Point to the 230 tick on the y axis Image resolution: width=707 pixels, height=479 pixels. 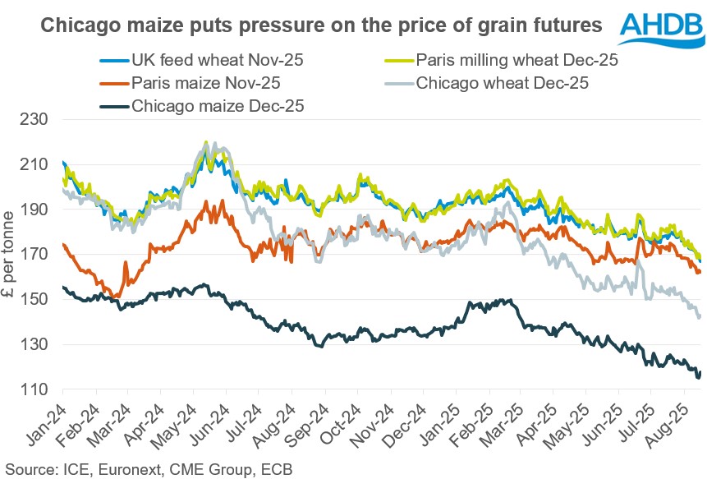pyautogui.click(x=38, y=119)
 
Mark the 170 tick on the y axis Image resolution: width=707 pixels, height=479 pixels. pyautogui.click(x=38, y=255)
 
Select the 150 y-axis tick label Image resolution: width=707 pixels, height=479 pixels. pyautogui.click(x=38, y=300)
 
